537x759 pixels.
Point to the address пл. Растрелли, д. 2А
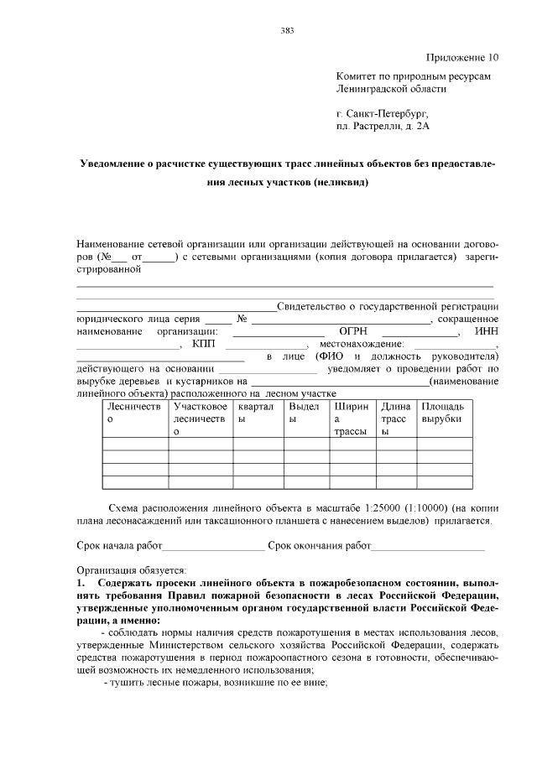tap(382, 126)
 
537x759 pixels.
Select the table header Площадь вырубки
tap(442, 412)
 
